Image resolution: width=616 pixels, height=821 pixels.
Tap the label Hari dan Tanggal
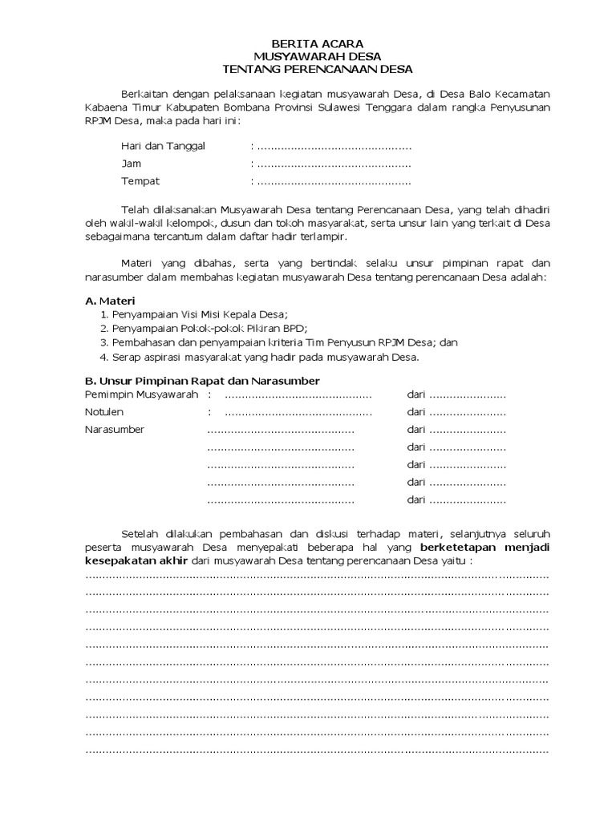click(x=163, y=146)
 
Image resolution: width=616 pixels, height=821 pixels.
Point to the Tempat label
click(x=140, y=181)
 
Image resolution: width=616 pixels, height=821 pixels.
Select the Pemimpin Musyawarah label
click(x=141, y=395)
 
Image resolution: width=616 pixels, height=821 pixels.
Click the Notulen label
click(x=104, y=412)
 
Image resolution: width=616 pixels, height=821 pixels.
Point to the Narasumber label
click(x=115, y=430)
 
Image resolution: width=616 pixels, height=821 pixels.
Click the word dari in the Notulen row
click(x=415, y=412)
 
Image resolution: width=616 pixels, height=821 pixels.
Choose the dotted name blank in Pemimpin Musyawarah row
click(x=298, y=395)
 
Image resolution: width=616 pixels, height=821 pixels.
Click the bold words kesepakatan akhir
click(x=138, y=561)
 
